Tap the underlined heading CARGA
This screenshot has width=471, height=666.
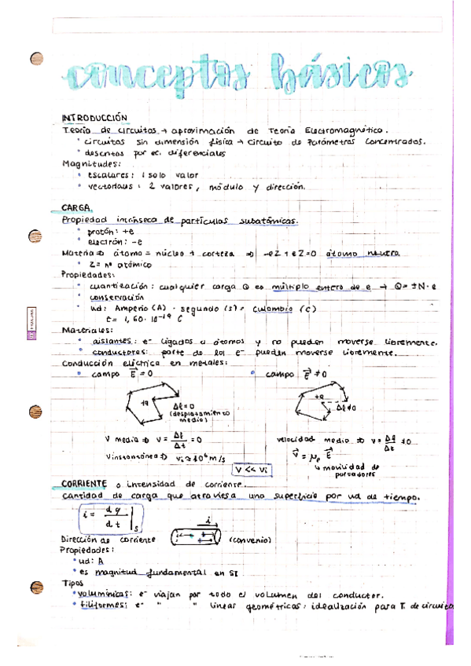[77, 208]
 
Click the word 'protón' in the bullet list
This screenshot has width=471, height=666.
[100, 232]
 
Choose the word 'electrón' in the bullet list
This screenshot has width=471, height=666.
[105, 242]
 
